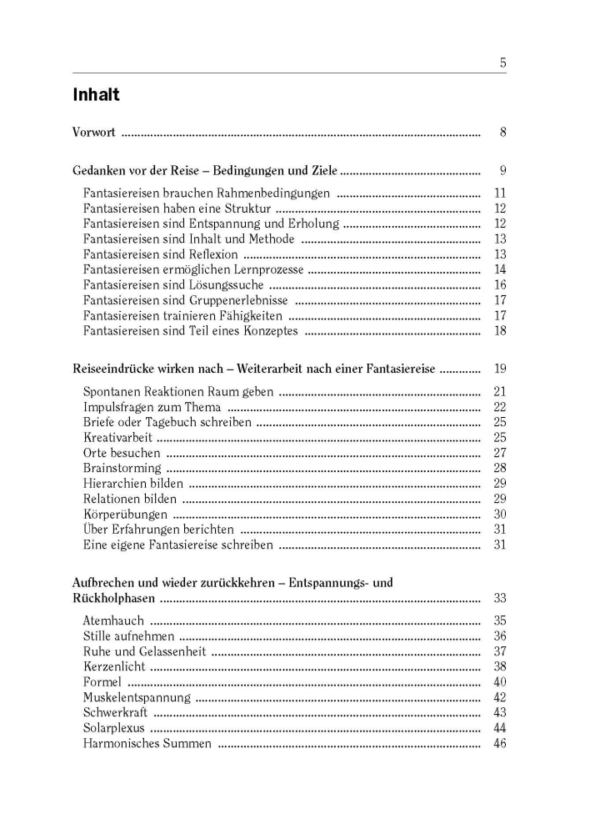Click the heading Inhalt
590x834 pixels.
click(96, 95)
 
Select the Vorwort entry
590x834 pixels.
click(94, 132)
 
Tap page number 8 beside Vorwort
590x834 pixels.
click(502, 132)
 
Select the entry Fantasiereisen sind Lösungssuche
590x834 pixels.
click(172, 284)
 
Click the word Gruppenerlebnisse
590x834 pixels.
click(237, 300)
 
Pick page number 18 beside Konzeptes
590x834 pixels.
click(500, 331)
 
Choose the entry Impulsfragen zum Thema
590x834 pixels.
click(152, 407)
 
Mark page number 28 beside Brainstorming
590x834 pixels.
click(500, 468)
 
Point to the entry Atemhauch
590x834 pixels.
click(113, 620)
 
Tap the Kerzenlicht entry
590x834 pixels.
click(114, 666)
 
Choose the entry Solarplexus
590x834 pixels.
click(114, 727)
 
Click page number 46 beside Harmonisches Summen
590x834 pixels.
click(500, 743)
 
